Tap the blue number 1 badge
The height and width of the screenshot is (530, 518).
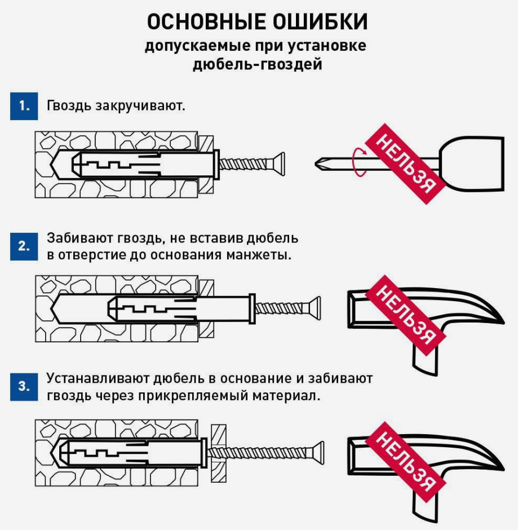24,105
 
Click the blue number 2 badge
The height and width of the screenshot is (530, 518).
24,246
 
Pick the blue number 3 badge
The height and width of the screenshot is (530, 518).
24,386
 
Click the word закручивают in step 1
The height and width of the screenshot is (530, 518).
139,105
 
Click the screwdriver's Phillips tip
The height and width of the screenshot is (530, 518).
321,164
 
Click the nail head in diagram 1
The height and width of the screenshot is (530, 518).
280,164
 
